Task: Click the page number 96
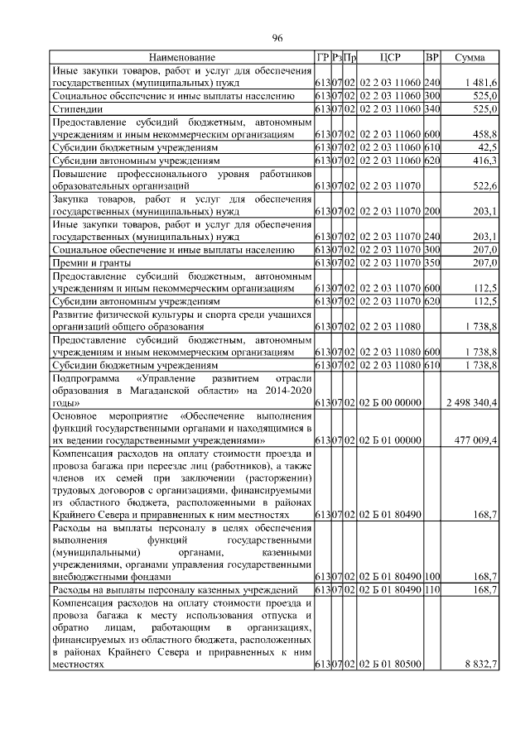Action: [277, 39]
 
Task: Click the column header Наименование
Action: [181, 57]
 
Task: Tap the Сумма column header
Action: [470, 57]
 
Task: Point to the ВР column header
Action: [431, 57]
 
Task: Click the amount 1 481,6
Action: [481, 83]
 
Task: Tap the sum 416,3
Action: [484, 160]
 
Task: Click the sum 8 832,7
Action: [481, 664]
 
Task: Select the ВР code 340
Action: [431, 108]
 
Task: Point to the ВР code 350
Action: [431, 262]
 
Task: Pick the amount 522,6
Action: [484, 185]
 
